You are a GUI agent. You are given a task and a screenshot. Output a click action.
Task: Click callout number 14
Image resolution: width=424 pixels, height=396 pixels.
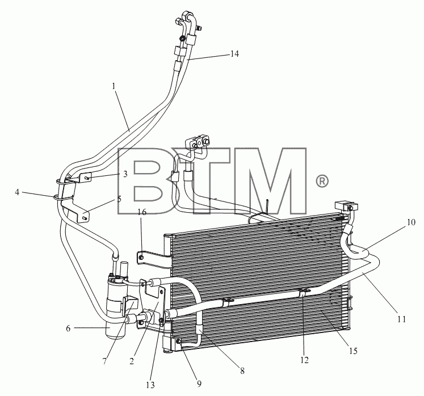pos(234,54)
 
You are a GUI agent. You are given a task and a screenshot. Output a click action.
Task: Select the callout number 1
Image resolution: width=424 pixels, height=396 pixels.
pos(114,86)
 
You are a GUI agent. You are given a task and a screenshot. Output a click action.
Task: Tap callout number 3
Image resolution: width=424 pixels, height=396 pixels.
pos(125,174)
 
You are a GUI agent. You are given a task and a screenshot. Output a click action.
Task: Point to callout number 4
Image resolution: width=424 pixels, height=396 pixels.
pos(17,192)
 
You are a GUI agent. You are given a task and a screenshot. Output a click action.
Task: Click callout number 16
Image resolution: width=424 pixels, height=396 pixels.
pos(119,200)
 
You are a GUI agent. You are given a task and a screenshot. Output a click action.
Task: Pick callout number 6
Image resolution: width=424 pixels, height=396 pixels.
pos(68,328)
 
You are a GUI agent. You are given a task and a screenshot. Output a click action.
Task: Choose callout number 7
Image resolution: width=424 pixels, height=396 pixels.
pos(104,361)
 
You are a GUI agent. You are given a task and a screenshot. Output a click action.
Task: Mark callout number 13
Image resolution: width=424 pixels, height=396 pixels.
pos(242,371)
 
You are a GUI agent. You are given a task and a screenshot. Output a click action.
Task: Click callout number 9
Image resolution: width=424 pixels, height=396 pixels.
pos(199,384)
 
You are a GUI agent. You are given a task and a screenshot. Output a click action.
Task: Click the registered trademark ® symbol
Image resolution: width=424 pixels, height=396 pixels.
pos(322,181)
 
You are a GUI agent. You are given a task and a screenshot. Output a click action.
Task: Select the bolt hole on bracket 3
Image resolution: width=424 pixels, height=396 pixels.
pos(85,178)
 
